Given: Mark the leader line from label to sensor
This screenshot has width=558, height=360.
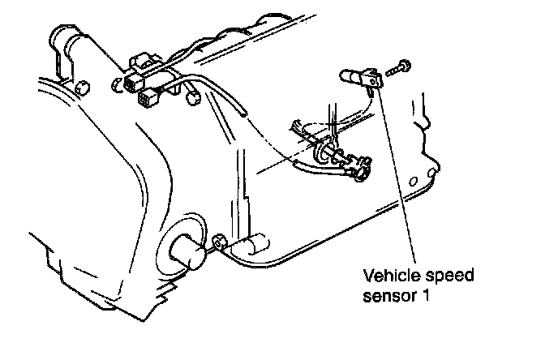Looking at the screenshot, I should point(397,178).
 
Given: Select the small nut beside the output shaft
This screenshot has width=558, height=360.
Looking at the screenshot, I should point(218,242).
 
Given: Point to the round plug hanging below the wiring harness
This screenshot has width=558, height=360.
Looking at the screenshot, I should point(193,99).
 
